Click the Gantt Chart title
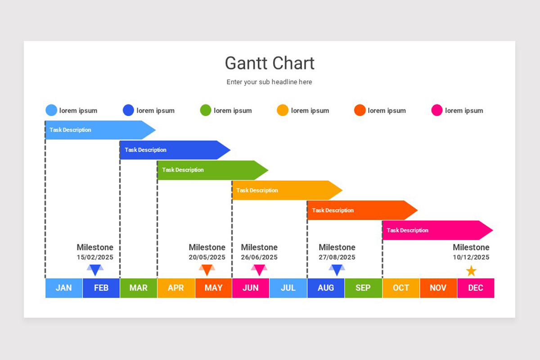click(x=270, y=63)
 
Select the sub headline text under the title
click(x=269, y=82)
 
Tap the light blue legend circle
click(x=51, y=110)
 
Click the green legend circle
click(x=206, y=110)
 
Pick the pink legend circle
click(x=437, y=110)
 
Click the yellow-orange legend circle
click(x=283, y=110)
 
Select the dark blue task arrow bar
click(x=175, y=150)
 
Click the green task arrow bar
click(x=212, y=170)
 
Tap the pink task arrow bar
click(x=437, y=230)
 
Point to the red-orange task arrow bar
click(x=362, y=210)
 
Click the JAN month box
click(x=64, y=288)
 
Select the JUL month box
click(x=288, y=288)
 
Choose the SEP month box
click(x=363, y=288)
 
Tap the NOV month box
click(x=438, y=288)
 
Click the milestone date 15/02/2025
click(x=95, y=257)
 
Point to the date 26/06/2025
click(x=259, y=257)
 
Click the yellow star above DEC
click(x=471, y=271)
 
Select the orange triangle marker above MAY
click(x=207, y=270)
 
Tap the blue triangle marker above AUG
click(x=337, y=270)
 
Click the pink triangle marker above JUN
click(x=259, y=270)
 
